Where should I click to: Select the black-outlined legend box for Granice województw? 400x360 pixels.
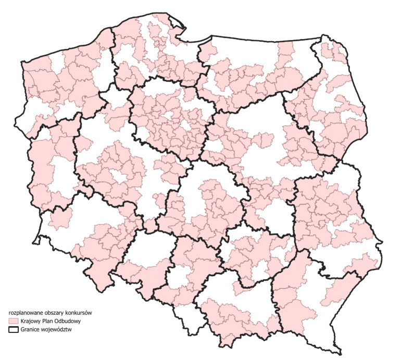coord(14,330)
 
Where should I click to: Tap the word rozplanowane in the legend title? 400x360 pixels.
coord(24,313)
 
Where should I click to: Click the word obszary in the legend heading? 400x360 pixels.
coord(53,313)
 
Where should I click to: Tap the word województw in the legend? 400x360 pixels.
coord(58,330)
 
